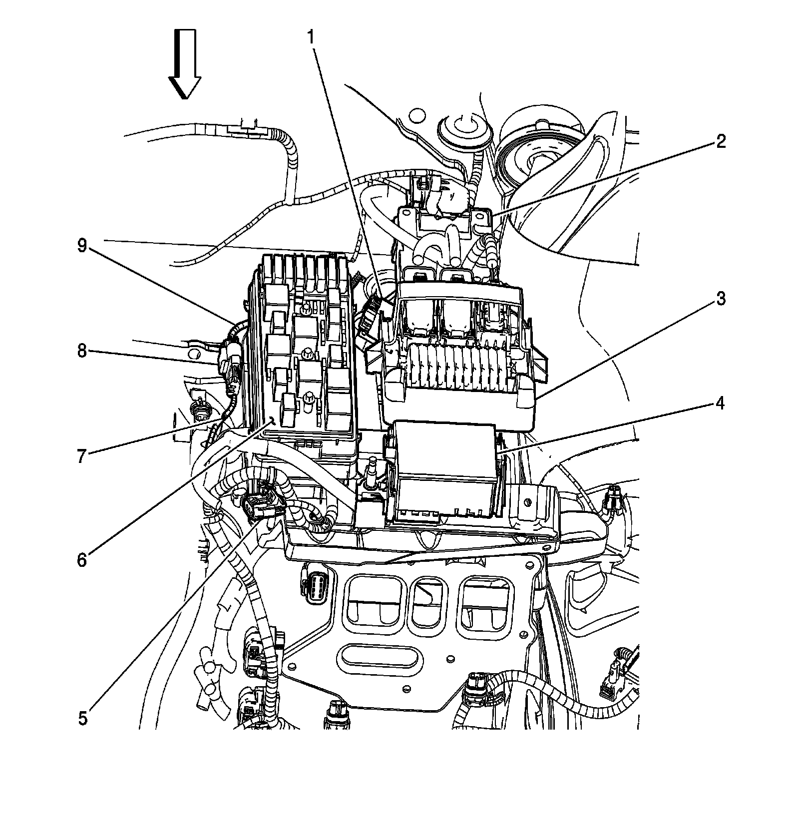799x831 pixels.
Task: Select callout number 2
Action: pos(720,142)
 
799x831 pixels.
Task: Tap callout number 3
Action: pos(720,299)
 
